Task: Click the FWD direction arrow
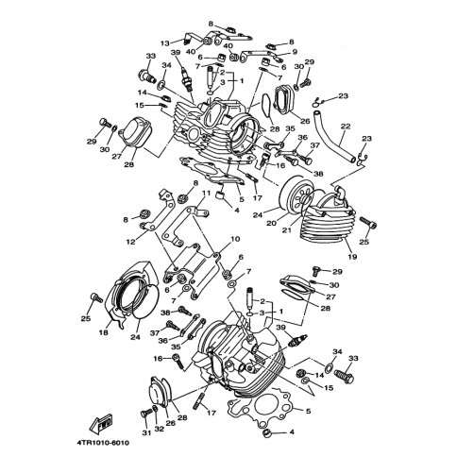tap(101, 422)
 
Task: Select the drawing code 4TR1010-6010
tap(103, 443)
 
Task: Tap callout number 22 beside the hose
tap(346, 127)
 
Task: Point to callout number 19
tap(352, 257)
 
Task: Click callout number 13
tap(164, 43)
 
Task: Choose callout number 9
tap(295, 52)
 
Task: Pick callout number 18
tap(104, 332)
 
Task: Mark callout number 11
tap(206, 193)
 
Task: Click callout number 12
tap(130, 242)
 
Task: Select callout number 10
tap(235, 239)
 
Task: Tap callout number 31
tap(146, 433)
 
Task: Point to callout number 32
tap(160, 429)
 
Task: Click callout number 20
tap(272, 223)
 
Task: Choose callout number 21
tap(287, 230)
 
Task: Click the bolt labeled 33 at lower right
tap(345, 376)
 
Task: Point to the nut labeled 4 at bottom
tap(266, 432)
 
